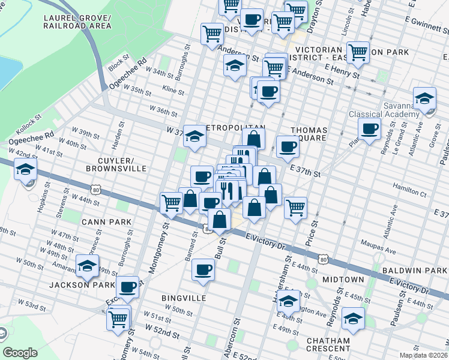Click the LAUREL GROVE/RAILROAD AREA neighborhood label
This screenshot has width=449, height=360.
tap(77, 22)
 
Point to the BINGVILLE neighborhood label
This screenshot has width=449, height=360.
tap(184, 298)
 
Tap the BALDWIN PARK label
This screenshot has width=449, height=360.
tap(418, 271)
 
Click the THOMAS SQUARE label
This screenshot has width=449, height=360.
tap(309, 134)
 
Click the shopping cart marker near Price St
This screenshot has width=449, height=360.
tap(295, 208)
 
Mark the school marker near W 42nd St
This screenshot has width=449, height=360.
tap(26, 169)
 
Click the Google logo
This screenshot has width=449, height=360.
tap(20, 353)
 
